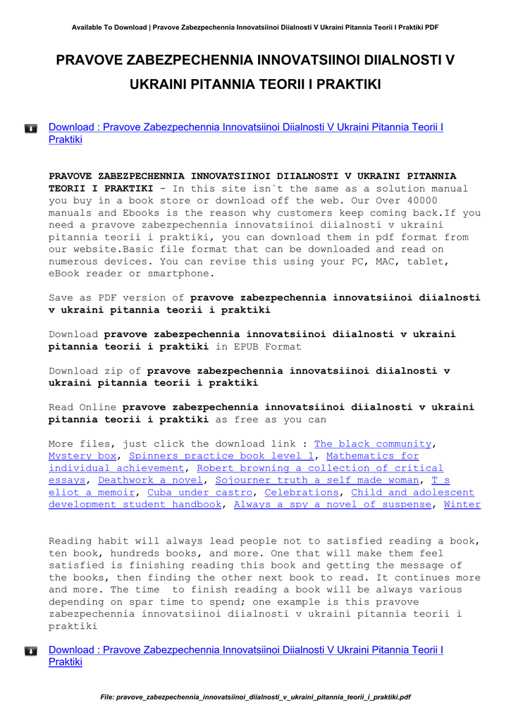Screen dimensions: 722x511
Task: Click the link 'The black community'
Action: pos(372,443)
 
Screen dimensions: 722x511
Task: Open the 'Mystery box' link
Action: pos(82,456)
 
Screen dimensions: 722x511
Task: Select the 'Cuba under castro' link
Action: pos(199,492)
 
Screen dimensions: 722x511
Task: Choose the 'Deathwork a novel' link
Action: pos(150,480)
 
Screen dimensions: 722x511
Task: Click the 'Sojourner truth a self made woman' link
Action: pos(316,480)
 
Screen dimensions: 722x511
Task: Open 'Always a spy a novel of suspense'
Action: pos(332,504)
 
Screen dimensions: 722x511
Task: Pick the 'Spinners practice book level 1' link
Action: pos(221,456)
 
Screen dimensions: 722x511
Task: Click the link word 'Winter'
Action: pos(462,504)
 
